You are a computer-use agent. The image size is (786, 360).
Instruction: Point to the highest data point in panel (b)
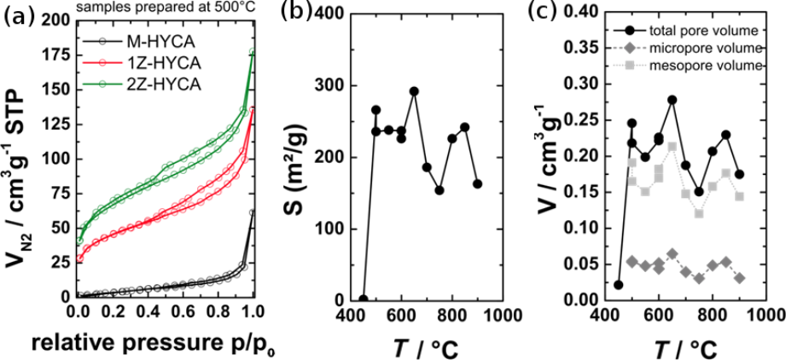coord(414,91)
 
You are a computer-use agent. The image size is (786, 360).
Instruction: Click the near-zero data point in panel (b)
coord(363,299)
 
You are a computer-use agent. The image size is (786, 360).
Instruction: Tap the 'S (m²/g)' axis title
coord(300,157)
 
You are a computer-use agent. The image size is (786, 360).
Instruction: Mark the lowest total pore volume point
coord(619,285)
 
